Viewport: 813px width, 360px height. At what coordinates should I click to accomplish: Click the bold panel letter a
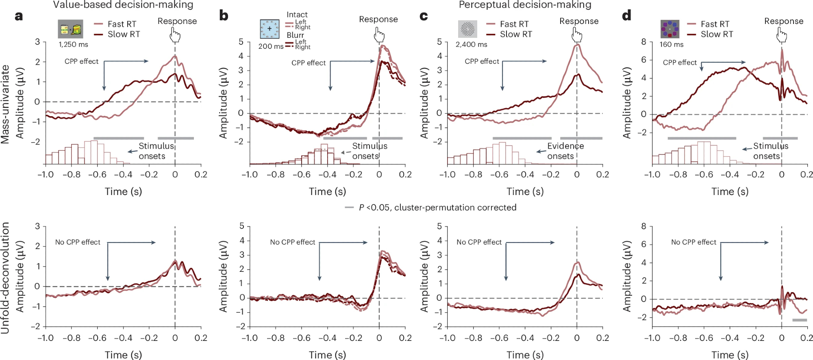point(19,16)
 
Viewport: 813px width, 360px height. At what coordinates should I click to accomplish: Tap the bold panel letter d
point(626,15)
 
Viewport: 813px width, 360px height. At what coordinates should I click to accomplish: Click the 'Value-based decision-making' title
point(123,5)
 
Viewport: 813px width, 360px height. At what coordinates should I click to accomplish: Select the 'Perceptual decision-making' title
point(525,5)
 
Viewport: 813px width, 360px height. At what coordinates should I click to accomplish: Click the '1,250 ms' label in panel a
point(73,44)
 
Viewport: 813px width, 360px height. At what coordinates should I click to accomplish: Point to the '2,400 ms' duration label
point(471,44)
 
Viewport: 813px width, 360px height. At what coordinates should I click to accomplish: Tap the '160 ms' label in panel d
point(671,44)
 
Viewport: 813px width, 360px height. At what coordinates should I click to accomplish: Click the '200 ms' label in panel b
point(271,46)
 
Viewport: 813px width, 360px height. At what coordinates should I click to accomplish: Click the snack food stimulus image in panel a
point(70,29)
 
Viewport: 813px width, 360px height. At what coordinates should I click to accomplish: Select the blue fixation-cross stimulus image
point(270,29)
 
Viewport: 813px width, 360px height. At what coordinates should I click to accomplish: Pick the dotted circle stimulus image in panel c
point(467,29)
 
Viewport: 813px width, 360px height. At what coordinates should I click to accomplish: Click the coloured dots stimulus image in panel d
point(670,29)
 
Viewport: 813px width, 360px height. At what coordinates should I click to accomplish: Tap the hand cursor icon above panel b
point(379,35)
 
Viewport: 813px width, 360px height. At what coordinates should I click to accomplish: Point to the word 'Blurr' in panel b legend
point(295,35)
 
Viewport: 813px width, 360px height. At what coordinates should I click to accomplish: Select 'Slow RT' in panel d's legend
point(717,34)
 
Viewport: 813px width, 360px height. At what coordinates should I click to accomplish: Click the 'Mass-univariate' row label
point(5,104)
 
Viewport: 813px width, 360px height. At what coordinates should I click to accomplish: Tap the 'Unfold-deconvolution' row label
point(5,278)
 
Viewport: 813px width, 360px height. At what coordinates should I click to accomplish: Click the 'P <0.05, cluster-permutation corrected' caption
point(437,208)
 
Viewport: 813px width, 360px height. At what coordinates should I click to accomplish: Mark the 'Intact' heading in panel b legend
point(297,15)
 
